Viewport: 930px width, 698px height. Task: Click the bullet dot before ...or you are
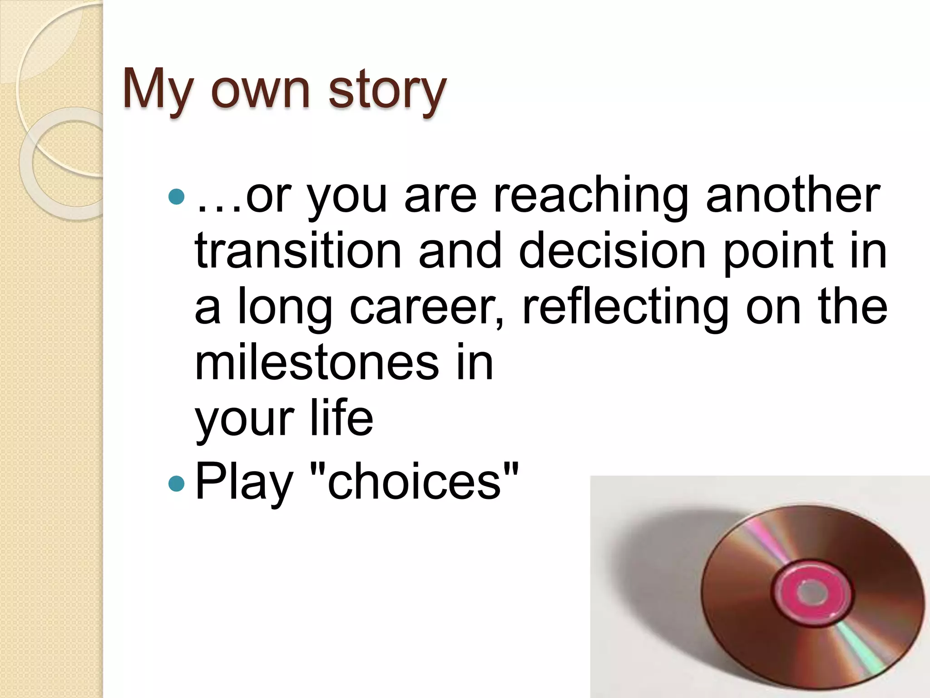click(x=176, y=197)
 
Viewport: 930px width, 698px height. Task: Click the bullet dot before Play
click(x=176, y=484)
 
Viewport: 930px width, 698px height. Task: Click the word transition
click(x=298, y=251)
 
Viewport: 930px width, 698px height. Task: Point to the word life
click(x=341, y=418)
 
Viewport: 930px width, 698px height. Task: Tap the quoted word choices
click(x=414, y=482)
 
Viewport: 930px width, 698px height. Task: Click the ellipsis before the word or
click(x=219, y=209)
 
